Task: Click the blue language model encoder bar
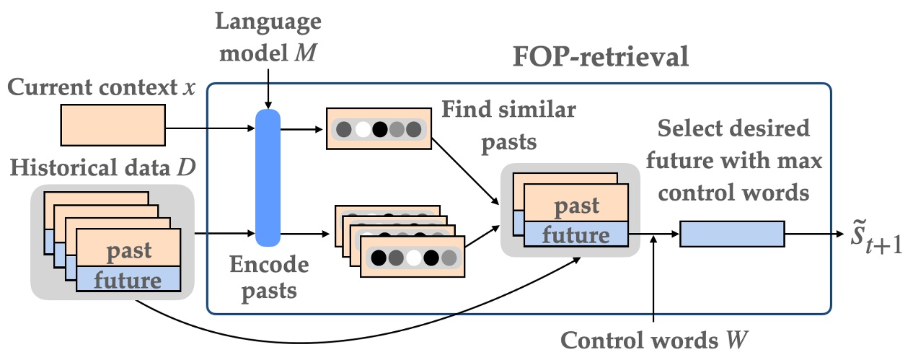click(268, 177)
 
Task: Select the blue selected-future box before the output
click(731, 234)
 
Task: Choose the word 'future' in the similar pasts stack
click(574, 234)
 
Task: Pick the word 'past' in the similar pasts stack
click(574, 206)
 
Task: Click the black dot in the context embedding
click(380, 130)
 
